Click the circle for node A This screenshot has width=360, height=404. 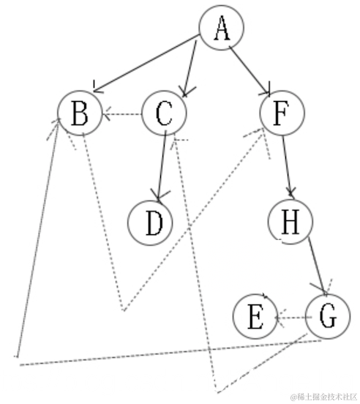[x=223, y=30]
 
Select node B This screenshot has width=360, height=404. [x=81, y=114]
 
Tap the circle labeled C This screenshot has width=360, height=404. [x=164, y=113]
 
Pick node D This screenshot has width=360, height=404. [x=151, y=223]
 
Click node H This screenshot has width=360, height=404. [x=290, y=222]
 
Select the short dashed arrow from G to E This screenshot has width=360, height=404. [x=293, y=318]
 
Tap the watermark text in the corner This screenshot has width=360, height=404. [x=323, y=396]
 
